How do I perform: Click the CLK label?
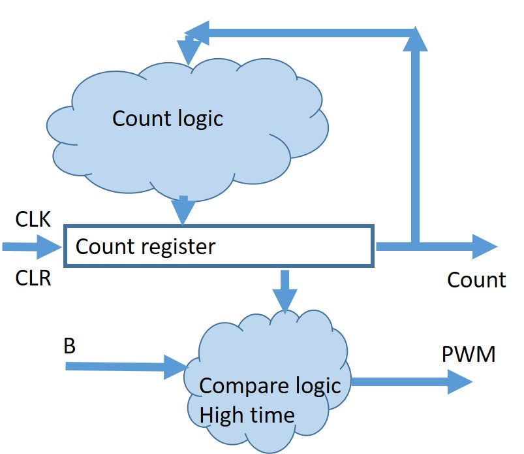click(x=33, y=219)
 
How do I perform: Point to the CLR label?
click(x=33, y=279)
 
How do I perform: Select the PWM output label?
click(x=469, y=355)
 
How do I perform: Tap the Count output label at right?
click(x=476, y=280)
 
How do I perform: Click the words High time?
click(x=247, y=413)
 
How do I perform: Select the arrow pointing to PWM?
click(x=411, y=381)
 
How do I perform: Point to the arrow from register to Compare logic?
click(x=285, y=291)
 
